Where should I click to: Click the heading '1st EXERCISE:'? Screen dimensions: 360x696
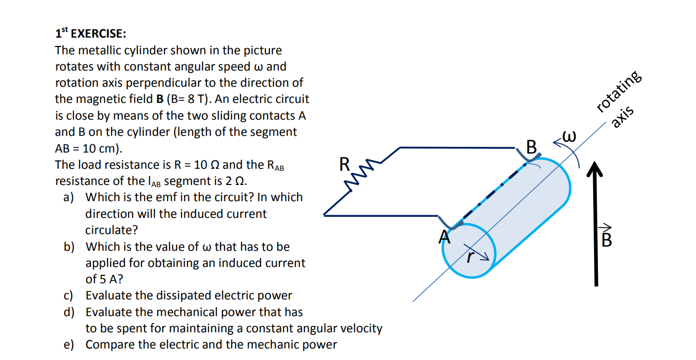click(90, 34)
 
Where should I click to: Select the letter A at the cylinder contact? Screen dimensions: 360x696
click(444, 237)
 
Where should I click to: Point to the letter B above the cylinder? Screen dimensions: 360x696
click(532, 147)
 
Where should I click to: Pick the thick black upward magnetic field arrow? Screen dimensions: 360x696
click(595, 225)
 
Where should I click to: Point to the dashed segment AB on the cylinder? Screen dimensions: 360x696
click(491, 193)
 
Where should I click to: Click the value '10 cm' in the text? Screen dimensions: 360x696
click(101, 148)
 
